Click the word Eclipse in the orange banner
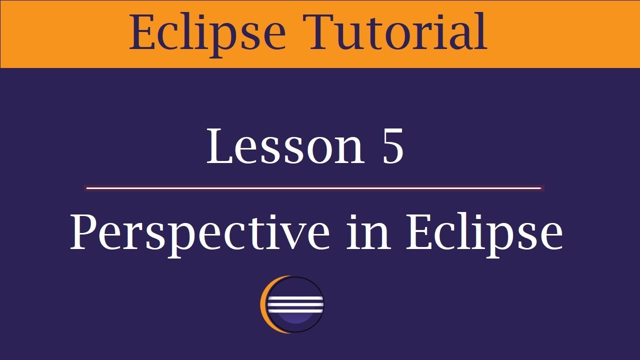[x=207, y=33]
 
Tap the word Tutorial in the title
[x=397, y=32]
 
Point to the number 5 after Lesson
[x=393, y=146]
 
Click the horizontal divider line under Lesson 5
[x=314, y=188]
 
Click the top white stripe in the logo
[x=296, y=297]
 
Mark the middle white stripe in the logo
[x=296, y=303]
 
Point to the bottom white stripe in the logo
[x=296, y=309]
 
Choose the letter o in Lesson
[x=324, y=150]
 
